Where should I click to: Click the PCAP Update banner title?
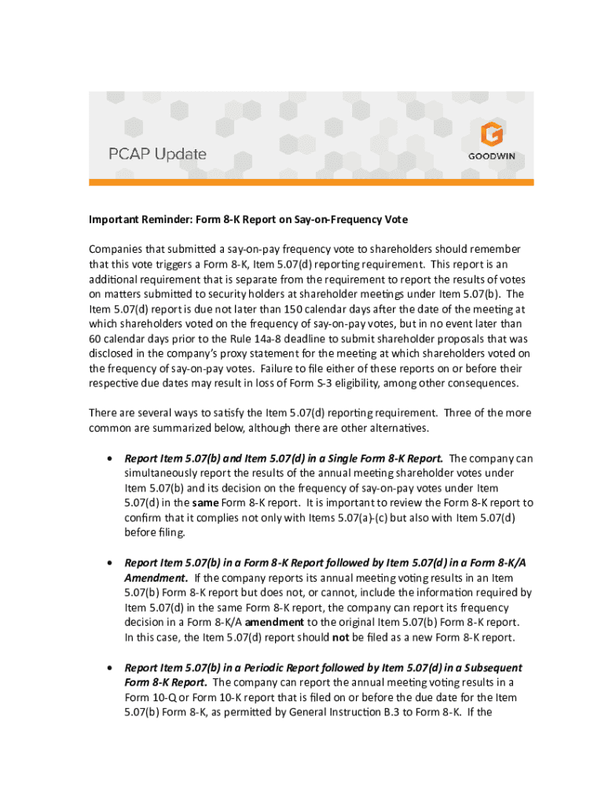(157, 155)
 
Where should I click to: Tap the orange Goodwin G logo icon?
(493, 134)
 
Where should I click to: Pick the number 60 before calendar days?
(96, 338)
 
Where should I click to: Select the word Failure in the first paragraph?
(280, 368)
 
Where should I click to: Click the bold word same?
(206, 502)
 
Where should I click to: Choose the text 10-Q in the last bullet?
(168, 697)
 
